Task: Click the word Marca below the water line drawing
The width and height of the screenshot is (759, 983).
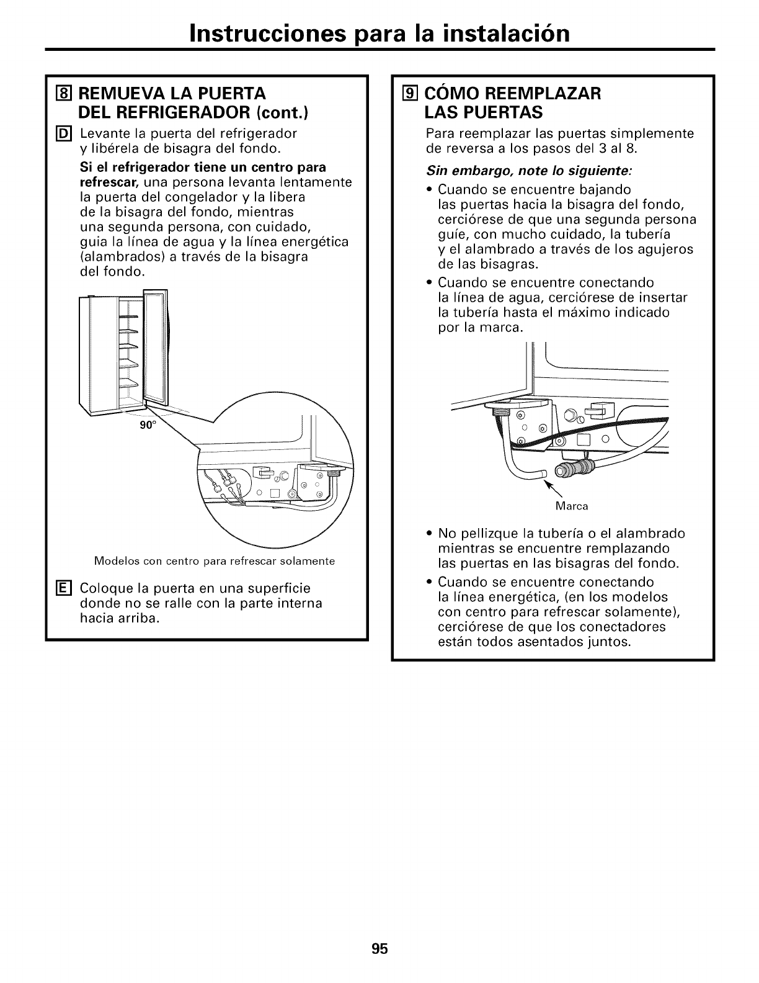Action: click(x=571, y=506)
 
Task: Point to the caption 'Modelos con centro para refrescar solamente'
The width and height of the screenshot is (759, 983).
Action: click(x=215, y=561)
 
